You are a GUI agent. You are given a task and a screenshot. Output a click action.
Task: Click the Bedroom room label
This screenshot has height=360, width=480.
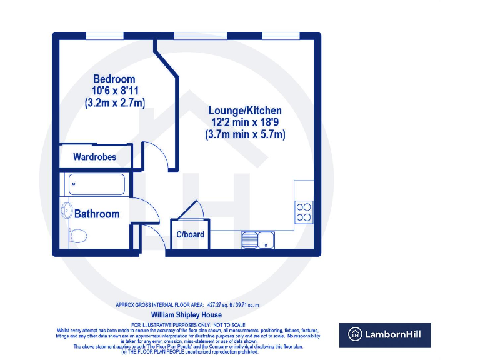pos(114,79)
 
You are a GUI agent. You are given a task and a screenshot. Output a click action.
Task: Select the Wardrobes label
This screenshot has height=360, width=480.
pos(94,157)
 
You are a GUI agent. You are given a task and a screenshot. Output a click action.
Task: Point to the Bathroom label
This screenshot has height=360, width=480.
pos(97,214)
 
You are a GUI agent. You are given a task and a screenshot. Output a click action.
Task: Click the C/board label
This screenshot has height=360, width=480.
pos(190,235)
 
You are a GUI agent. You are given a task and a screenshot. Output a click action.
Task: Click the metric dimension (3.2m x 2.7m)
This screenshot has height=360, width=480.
pos(114,104)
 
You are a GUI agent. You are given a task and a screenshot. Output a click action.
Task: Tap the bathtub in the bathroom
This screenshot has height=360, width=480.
pos(97,184)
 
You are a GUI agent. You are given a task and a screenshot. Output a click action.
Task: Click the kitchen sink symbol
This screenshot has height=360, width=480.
pos(257,239)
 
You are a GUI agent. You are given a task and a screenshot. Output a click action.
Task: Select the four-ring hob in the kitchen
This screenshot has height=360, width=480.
pos(304,212)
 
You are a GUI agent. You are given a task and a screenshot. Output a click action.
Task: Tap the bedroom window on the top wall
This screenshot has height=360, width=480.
pos(104,35)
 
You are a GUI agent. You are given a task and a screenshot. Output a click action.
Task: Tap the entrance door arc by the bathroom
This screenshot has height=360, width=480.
pos(154,237)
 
